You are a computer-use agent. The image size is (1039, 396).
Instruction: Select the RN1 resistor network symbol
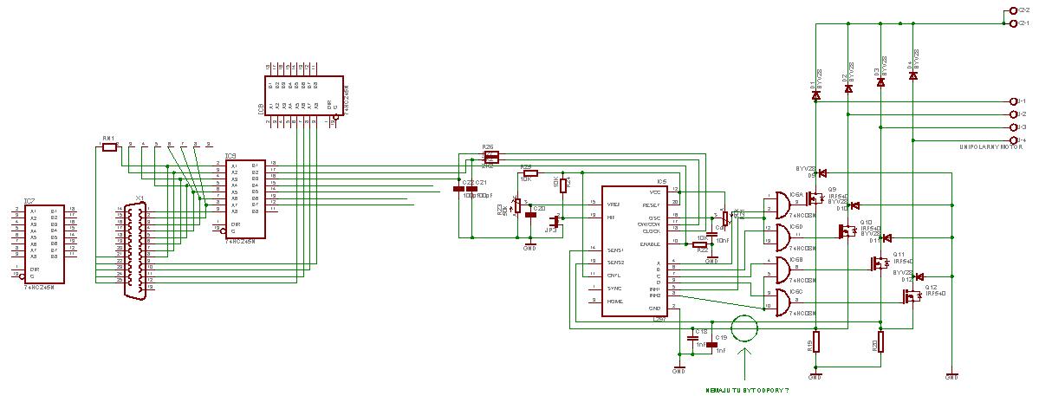pos(108,148)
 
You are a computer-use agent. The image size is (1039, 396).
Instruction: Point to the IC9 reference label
pos(230,156)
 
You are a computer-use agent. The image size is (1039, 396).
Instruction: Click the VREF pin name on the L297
pos(613,203)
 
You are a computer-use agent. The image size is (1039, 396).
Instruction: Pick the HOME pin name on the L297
pos(614,301)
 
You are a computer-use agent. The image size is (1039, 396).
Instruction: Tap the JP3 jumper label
pos(550,230)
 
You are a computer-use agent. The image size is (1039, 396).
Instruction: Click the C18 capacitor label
pos(701,331)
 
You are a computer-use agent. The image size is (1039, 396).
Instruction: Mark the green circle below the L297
pos(744,329)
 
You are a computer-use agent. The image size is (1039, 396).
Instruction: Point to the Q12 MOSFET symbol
pos(912,296)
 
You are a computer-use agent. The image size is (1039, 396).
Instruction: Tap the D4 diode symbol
pos(912,76)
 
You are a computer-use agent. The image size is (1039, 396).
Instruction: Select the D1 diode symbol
pos(815,95)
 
